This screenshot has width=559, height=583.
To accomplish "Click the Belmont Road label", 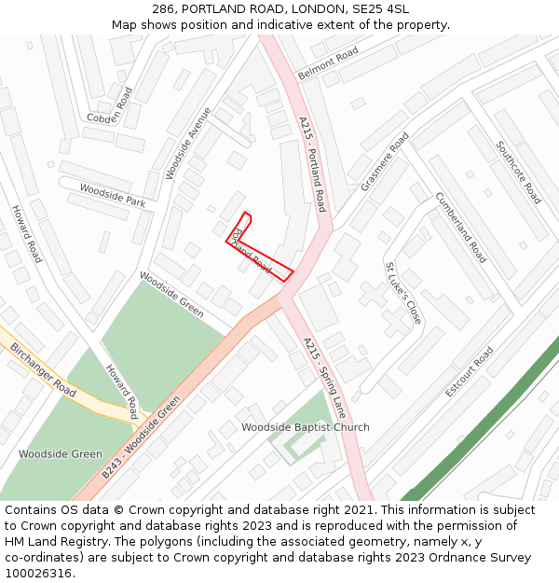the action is pyautogui.click(x=327, y=64).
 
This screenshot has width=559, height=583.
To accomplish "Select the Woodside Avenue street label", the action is pyautogui.click(x=187, y=142).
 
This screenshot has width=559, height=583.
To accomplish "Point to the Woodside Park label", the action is pyautogui.click(x=112, y=194).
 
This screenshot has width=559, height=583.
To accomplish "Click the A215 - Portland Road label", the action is pyautogui.click(x=312, y=163).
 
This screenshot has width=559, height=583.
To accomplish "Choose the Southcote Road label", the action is pyautogui.click(x=518, y=173).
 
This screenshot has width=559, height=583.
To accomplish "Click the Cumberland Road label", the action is pyautogui.click(x=460, y=227).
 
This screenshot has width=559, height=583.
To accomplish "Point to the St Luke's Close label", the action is pyautogui.click(x=403, y=293).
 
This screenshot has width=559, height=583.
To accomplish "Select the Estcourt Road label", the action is pyautogui.click(x=469, y=371).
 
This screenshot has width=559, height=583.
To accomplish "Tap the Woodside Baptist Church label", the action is pyautogui.click(x=306, y=427).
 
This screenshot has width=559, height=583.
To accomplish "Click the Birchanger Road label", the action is pyautogui.click(x=43, y=369).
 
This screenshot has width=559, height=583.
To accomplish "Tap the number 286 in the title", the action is pyautogui.click(x=164, y=9).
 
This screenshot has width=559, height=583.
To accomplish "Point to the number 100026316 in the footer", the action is pyautogui.click(x=38, y=574).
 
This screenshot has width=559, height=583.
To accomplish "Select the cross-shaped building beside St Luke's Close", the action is pyautogui.click(x=375, y=296).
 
